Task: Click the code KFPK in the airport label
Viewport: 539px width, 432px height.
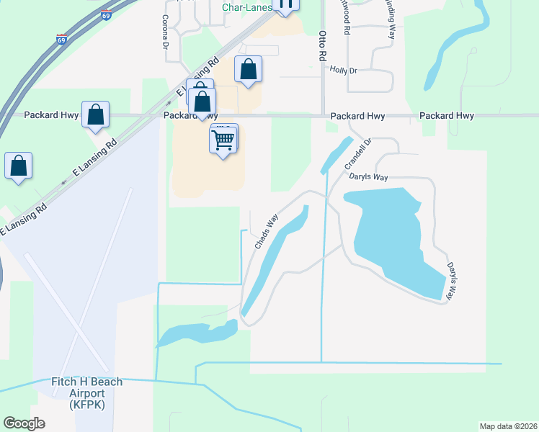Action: (87, 405)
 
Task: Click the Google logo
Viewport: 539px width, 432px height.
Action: (24, 423)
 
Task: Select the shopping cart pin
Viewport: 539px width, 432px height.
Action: (224, 140)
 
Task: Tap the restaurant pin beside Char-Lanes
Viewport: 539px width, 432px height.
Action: (285, 4)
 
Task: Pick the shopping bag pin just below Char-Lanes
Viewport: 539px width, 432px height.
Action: (248, 71)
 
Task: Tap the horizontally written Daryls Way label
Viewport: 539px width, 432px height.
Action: (369, 177)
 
